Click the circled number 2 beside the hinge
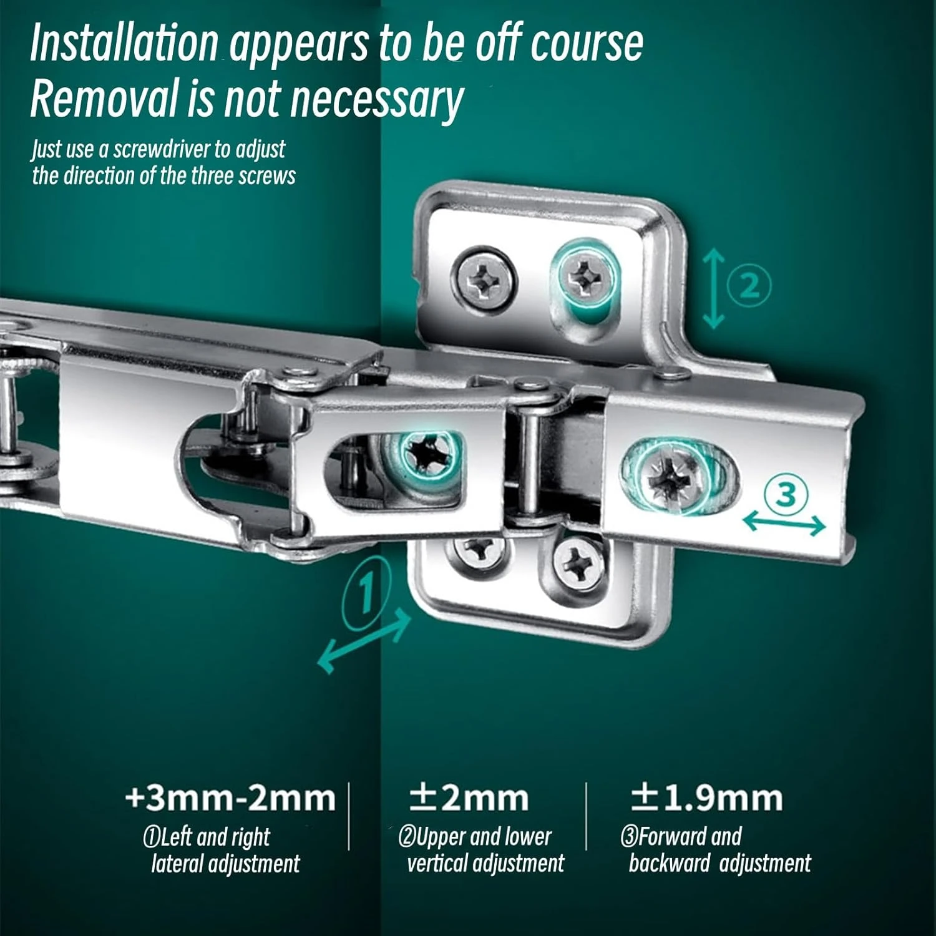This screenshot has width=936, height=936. (749, 286)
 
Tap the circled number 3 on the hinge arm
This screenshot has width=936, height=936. (786, 495)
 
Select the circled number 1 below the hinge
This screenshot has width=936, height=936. (367, 590)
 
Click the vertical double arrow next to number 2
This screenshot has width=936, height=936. (714, 288)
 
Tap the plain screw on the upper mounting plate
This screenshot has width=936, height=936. (484, 278)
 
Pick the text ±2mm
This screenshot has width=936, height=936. (469, 798)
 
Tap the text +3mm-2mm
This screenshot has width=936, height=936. (230, 798)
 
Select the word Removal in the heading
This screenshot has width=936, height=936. (103, 99)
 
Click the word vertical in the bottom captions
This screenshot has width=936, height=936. (437, 864)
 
